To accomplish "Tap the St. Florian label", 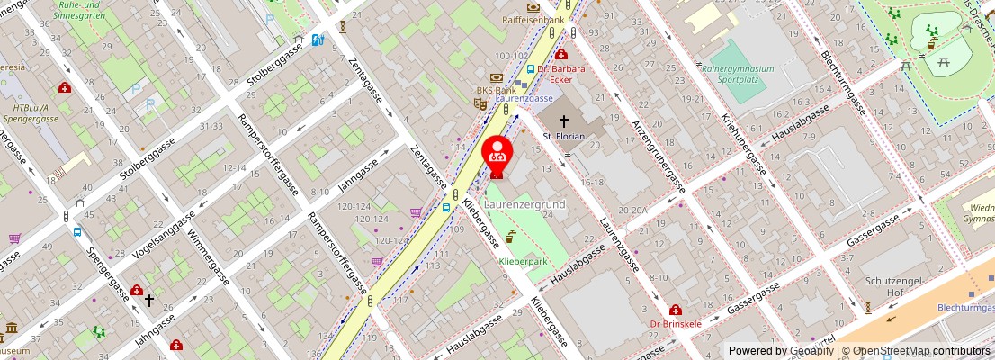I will point(564,136).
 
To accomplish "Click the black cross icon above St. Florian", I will point(564,120).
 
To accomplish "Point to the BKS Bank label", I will point(496,90).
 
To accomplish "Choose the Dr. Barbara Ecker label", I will point(569,74).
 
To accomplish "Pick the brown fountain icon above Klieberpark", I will point(511,238).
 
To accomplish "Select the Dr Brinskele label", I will point(675,323).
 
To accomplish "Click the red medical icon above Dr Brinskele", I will point(675,310).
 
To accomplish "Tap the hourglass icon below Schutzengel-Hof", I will point(868,307).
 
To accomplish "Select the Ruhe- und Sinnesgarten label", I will point(79,10).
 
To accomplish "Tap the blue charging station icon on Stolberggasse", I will point(317,40).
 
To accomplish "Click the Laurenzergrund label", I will point(524,205).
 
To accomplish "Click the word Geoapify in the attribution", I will point(811,351).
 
